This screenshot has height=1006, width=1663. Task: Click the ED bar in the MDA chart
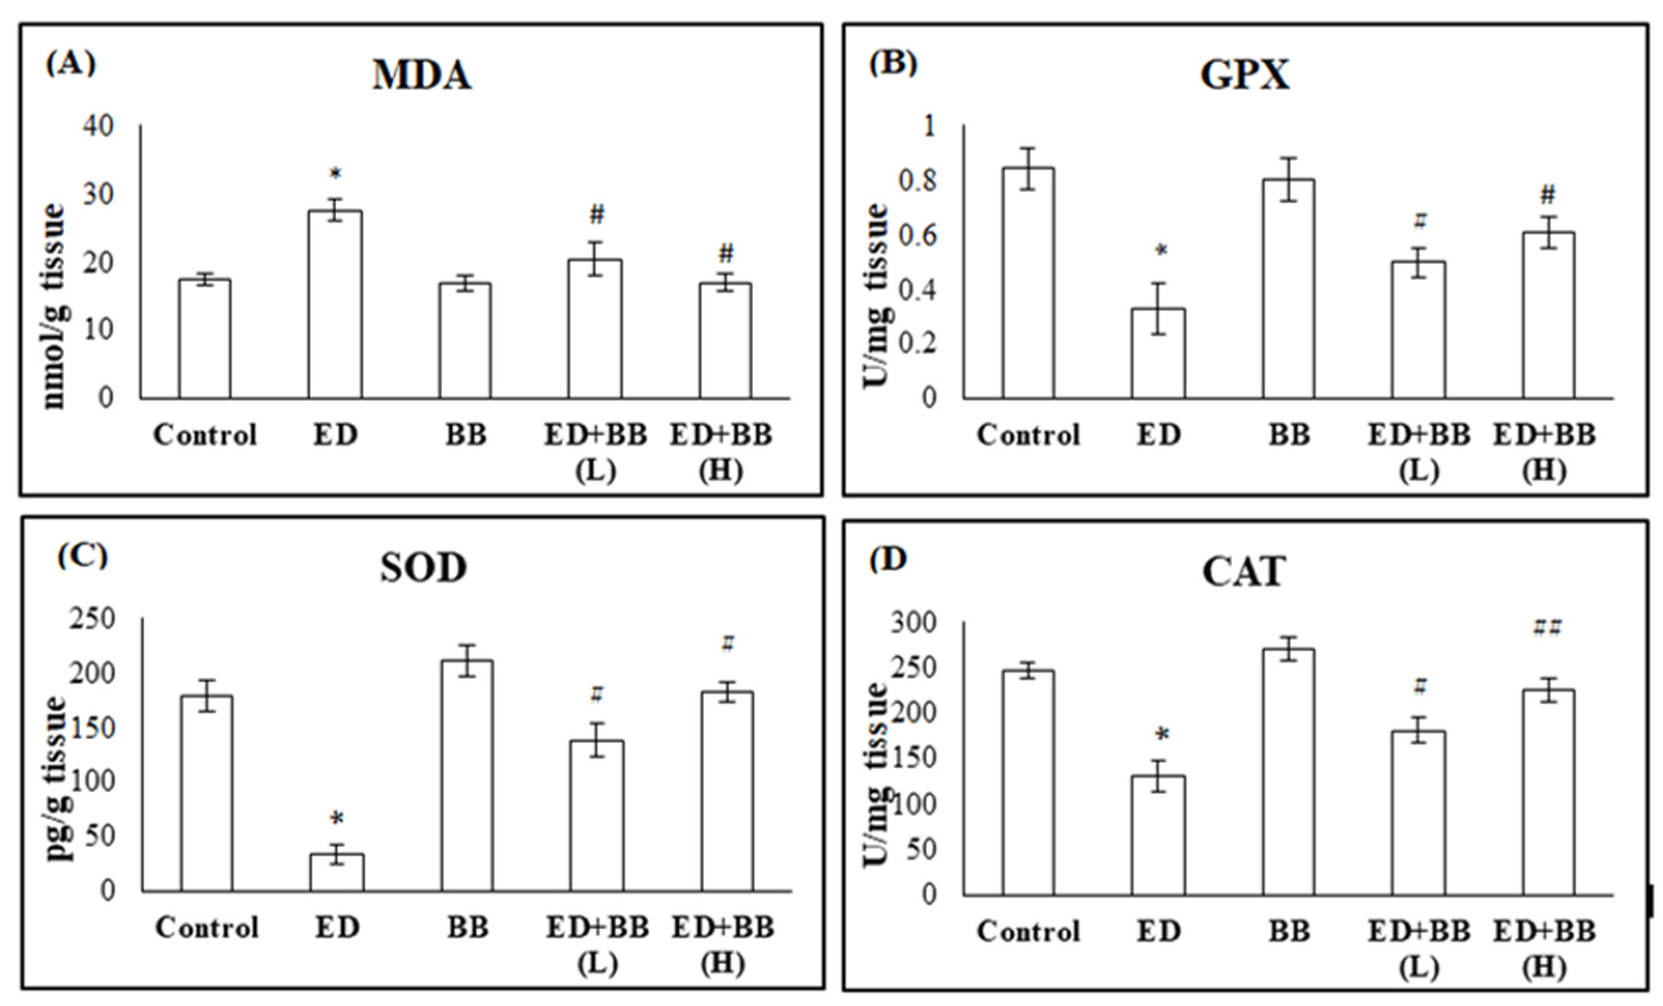(335, 304)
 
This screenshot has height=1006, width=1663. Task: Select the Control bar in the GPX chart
(1027, 284)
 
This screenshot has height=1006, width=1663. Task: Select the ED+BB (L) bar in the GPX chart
(1418, 330)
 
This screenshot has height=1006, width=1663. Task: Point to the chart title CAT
(1243, 572)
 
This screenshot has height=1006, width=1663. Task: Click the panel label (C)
(82, 556)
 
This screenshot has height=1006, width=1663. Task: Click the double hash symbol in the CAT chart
(1547, 629)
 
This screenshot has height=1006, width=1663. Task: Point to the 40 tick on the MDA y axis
(98, 125)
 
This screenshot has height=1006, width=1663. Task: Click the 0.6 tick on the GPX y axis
(918, 235)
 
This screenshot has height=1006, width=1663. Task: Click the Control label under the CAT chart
(1028, 932)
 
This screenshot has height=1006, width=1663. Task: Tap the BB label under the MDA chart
(466, 435)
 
